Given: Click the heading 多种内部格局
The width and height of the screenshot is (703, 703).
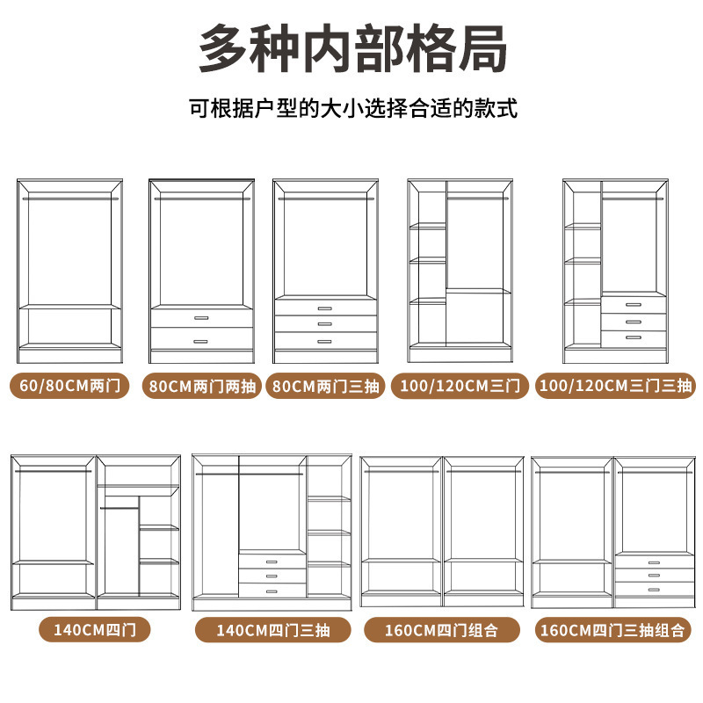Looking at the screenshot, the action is [351, 50].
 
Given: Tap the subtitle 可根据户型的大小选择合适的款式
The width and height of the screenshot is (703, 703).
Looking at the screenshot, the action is [352, 110].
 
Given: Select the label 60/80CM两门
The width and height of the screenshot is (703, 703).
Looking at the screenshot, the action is [70, 386].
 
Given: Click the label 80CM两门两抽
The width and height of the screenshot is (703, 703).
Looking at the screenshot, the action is [201, 386].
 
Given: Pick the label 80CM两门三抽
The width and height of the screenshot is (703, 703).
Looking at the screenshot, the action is [326, 386].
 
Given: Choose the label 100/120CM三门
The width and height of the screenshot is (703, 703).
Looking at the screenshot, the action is [460, 386].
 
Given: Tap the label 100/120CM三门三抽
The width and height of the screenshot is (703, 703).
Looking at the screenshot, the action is [615, 386].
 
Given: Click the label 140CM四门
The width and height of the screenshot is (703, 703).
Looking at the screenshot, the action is [94, 629].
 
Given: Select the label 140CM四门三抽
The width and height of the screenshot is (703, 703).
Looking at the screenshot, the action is [272, 630].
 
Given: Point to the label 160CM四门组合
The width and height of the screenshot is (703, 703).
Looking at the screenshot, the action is [441, 630].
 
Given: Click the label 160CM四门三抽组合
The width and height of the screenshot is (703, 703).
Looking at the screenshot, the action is [613, 630].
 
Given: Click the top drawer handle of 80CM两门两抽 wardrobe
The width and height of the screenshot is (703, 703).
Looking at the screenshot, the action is [201, 318].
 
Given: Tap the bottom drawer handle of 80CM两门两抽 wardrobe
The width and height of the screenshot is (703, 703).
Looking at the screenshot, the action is [201, 341].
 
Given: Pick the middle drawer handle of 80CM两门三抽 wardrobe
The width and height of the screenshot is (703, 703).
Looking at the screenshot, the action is [325, 323].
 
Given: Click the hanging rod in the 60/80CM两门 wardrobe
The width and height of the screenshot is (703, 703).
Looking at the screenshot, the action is [70, 199].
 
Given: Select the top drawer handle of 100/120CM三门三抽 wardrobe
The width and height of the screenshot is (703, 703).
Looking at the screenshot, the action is [633, 305].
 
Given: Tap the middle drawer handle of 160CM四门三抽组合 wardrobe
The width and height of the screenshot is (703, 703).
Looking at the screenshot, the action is [653, 575].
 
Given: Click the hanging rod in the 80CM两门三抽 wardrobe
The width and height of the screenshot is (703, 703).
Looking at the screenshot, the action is [325, 199].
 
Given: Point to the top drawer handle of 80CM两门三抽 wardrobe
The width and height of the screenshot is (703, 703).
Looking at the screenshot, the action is [325, 308].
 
